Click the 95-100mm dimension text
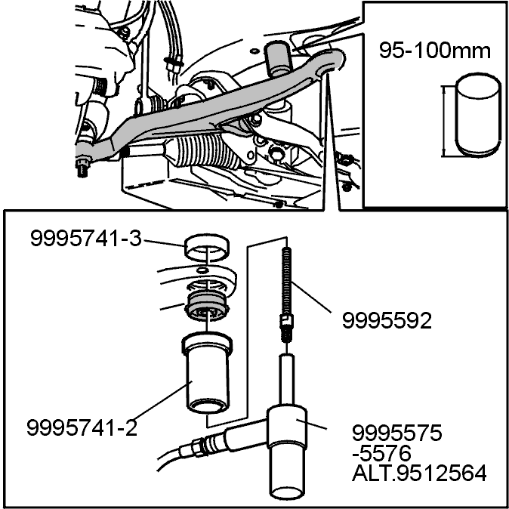pyautogui.click(x=435, y=51)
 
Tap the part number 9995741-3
pyautogui.click(x=86, y=239)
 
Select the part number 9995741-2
pyautogui.click(x=82, y=427)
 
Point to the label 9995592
pyautogui.click(x=387, y=321)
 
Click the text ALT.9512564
pyautogui.click(x=419, y=473)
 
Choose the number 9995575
pyautogui.click(x=397, y=433)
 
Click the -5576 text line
pyautogui.click(x=381, y=453)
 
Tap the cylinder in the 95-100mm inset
pyautogui.click(x=477, y=116)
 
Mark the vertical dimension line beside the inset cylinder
pyautogui.click(x=444, y=121)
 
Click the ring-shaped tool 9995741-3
pyautogui.click(x=207, y=248)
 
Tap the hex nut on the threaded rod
pyautogui.click(x=285, y=322)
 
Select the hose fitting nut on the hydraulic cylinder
pyautogui.click(x=196, y=447)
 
